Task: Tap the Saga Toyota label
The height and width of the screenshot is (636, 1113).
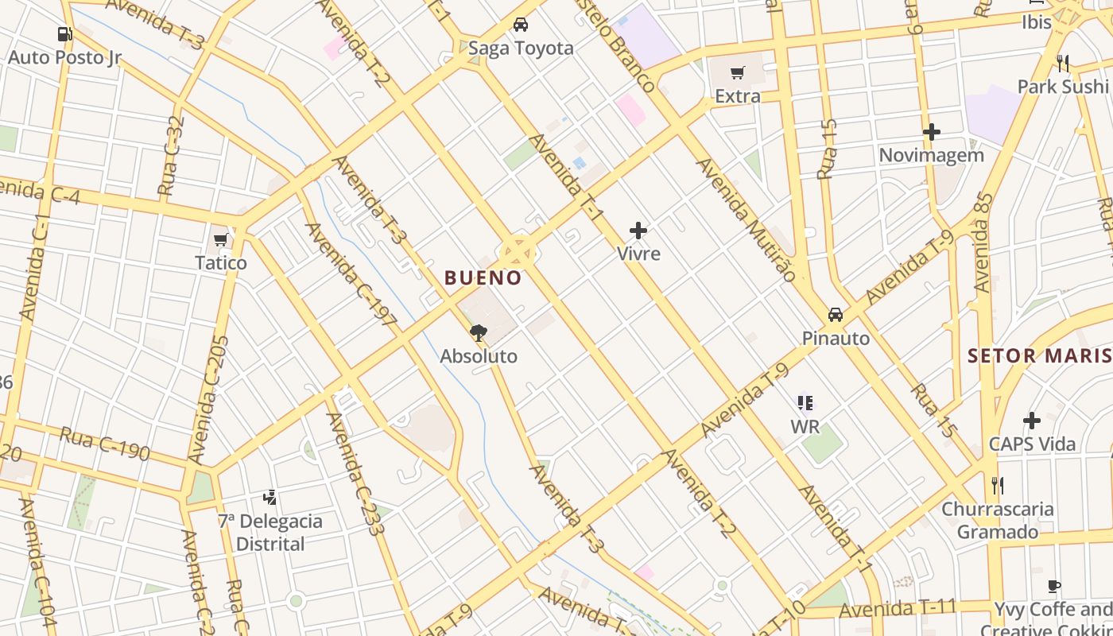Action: point(521,48)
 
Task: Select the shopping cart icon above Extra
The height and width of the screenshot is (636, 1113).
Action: point(738,73)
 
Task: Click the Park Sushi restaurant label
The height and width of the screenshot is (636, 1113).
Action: point(1062,86)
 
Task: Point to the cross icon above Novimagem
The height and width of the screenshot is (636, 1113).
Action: point(932,132)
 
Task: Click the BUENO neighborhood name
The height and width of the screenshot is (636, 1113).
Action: point(483,278)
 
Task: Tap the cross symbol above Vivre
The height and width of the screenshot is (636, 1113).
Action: point(638,231)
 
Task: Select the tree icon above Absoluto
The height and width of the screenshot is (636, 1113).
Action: point(478,333)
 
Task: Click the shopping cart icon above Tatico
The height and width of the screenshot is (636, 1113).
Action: point(221,239)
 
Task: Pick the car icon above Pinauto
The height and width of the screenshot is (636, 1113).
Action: point(836,315)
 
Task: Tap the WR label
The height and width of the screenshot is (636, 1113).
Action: point(805,427)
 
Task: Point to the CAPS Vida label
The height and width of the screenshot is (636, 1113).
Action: point(1032,444)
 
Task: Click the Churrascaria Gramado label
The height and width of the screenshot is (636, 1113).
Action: point(998,520)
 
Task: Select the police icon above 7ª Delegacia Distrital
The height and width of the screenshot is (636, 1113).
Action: point(270,498)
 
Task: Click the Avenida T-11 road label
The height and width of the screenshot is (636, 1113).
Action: point(898,609)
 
